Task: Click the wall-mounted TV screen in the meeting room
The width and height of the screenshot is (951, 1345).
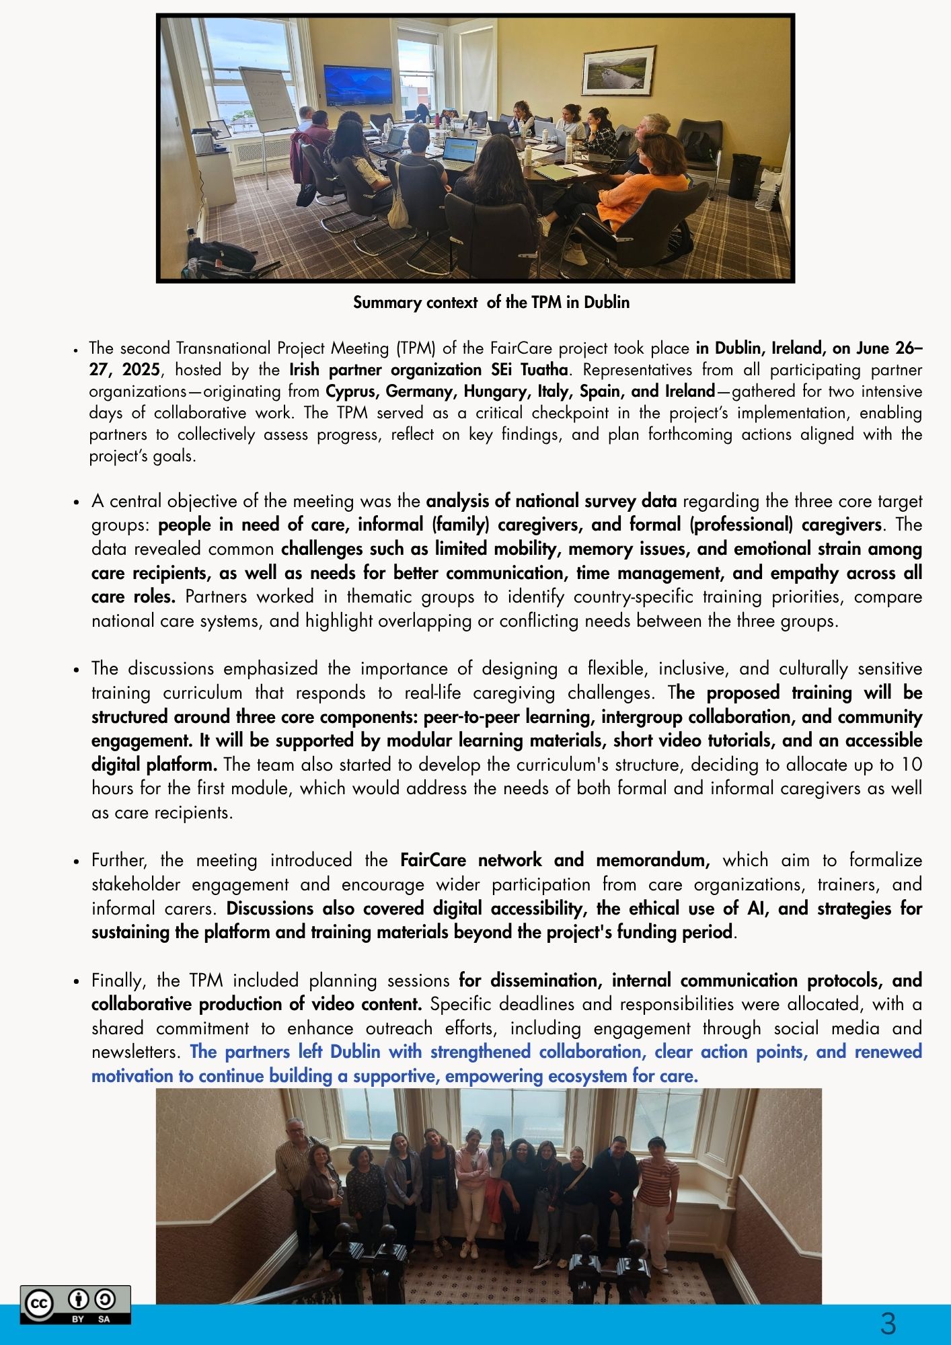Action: [x=357, y=85]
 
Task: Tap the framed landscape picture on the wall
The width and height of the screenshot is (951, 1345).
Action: [x=618, y=71]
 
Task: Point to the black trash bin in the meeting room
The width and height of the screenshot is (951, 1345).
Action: [x=745, y=176]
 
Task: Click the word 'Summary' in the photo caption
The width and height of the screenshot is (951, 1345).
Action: [x=387, y=303]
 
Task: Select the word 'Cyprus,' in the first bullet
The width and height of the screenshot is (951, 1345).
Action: [x=350, y=391]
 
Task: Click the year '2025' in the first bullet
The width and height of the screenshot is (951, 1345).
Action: [x=141, y=370]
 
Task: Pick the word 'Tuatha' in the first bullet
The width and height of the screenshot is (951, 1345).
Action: [x=544, y=370]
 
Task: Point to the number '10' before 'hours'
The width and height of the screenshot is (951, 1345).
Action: [x=911, y=765]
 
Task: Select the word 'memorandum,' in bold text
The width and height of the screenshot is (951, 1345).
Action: [x=652, y=861]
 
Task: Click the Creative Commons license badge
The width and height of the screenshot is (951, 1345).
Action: [x=75, y=1305]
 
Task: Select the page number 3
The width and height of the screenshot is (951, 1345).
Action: [x=888, y=1323]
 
